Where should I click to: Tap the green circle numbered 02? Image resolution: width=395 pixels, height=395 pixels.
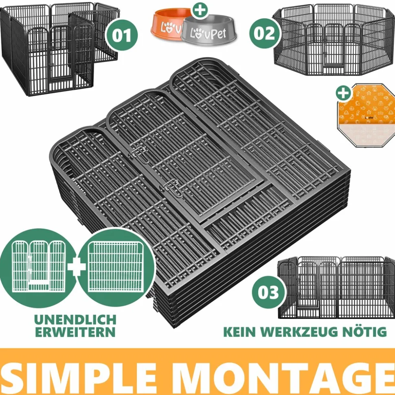265,33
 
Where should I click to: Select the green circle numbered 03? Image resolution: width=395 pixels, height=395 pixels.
268,292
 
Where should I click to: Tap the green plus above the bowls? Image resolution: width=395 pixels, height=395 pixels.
200,10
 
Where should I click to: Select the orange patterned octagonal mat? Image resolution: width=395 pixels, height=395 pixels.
366,116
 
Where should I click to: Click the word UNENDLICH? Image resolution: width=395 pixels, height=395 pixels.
75,320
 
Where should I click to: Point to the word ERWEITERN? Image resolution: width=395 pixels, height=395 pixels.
75,332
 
